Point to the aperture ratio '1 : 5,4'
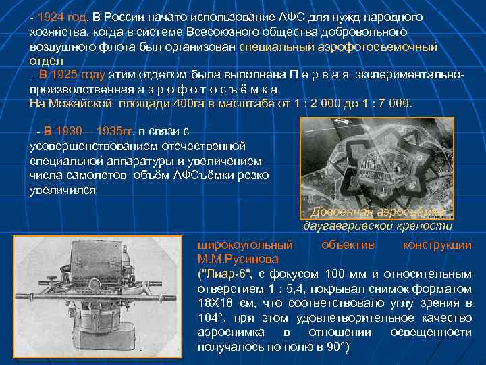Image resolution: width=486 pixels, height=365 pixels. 263,289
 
